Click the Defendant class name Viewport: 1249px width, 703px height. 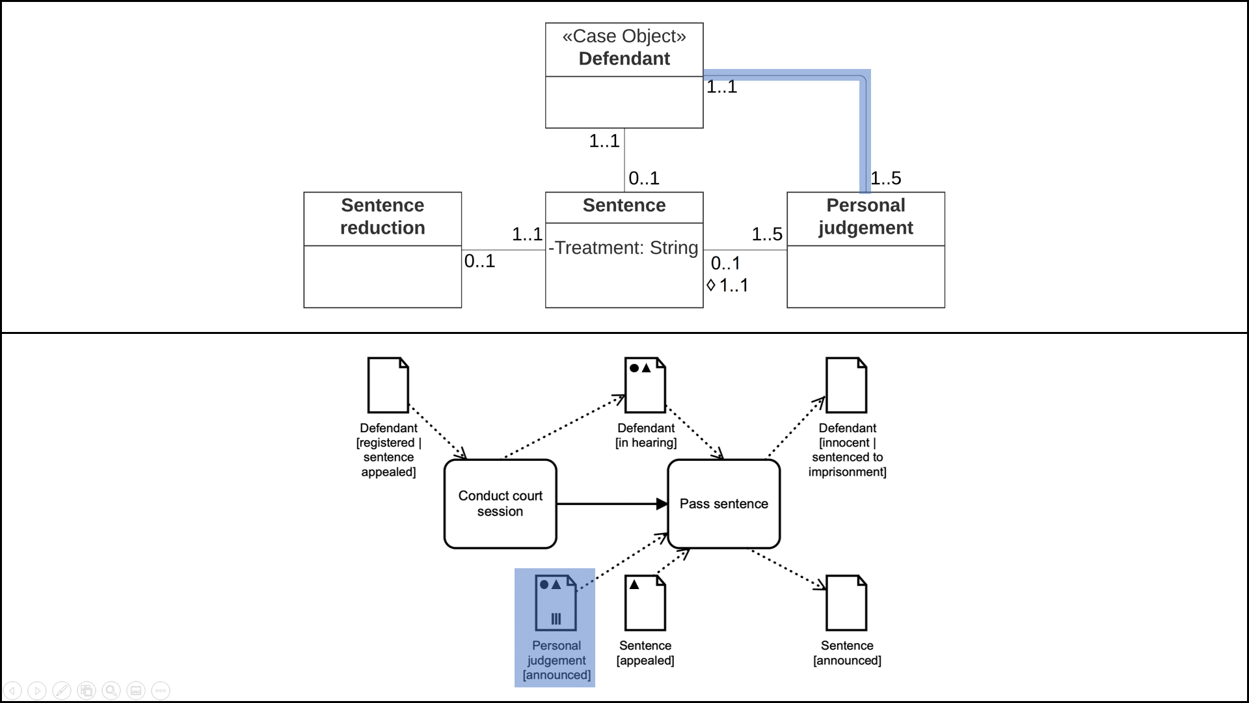pyautogui.click(x=624, y=59)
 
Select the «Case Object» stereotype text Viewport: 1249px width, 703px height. pyautogui.click(x=624, y=36)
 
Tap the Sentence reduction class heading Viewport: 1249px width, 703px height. pyautogui.click(x=383, y=216)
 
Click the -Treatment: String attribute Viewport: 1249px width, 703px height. pyautogui.click(x=623, y=248)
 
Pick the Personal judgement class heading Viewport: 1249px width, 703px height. pyautogui.click(x=865, y=216)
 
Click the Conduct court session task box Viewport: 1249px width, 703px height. pyautogui.click(x=500, y=503)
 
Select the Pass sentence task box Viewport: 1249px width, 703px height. pyautogui.click(x=723, y=503)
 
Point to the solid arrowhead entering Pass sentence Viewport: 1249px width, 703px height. pyautogui.click(x=662, y=504)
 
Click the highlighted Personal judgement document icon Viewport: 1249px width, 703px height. pyautogui.click(x=555, y=602)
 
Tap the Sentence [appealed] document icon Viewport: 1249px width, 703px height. pyautogui.click(x=645, y=603)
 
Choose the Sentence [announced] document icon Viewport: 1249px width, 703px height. pyautogui.click(x=846, y=603)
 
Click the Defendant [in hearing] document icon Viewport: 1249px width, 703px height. pyautogui.click(x=645, y=385)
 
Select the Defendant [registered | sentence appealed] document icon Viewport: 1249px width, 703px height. pyautogui.click(x=388, y=385)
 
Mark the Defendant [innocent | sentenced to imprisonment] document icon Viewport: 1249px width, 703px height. pyautogui.click(x=846, y=385)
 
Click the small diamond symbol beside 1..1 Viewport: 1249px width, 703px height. pyautogui.click(x=711, y=285)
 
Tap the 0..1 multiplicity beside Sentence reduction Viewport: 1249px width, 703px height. pyautogui.click(x=479, y=261)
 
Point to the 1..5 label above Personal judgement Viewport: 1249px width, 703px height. pyautogui.click(x=886, y=178)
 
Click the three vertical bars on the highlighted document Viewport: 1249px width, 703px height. pyautogui.click(x=556, y=618)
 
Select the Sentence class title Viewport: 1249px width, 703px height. pyautogui.click(x=624, y=205)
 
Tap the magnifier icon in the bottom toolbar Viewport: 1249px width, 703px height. pyautogui.click(x=111, y=690)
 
